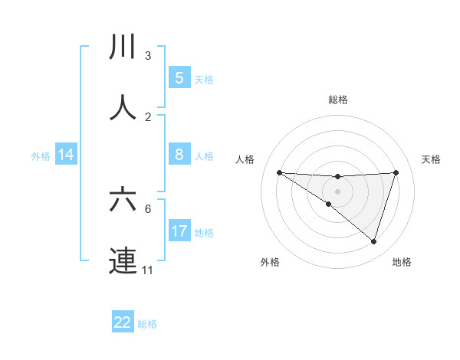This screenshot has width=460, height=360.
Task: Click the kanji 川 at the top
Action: (x=123, y=47)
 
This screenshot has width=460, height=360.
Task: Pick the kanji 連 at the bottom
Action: (x=123, y=260)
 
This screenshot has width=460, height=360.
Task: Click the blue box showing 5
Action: (x=179, y=77)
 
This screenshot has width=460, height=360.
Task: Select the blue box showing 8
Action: (x=179, y=155)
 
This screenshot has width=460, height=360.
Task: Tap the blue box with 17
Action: (x=179, y=231)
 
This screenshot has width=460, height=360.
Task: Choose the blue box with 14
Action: (x=66, y=155)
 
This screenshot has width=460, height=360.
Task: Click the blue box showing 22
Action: (x=123, y=322)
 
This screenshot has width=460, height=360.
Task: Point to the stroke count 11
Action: (x=147, y=270)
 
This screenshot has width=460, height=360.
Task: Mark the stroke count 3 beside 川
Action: (x=147, y=55)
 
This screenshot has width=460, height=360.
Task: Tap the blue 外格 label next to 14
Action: (x=41, y=156)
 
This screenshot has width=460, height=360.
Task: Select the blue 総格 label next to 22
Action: (x=147, y=324)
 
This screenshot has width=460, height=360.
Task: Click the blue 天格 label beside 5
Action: (x=203, y=79)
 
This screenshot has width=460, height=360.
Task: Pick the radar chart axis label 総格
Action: (x=337, y=100)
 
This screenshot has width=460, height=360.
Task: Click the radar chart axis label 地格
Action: (x=402, y=262)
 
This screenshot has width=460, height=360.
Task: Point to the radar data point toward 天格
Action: (x=396, y=172)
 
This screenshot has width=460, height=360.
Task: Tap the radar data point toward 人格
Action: (x=279, y=172)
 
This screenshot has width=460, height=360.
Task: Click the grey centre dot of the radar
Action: (x=337, y=191)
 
